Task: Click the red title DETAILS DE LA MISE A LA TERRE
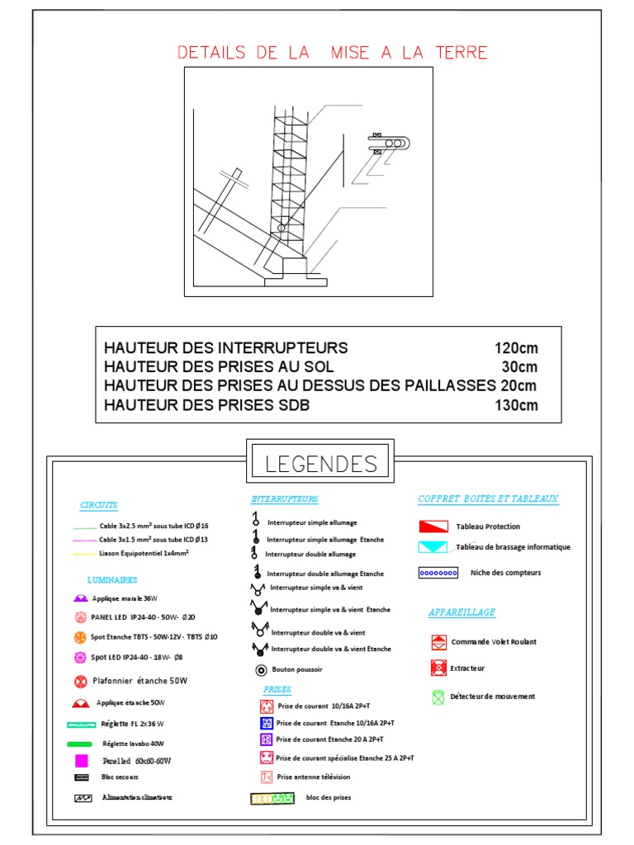(x=333, y=53)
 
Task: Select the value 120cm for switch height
(x=516, y=347)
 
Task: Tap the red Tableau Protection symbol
(x=433, y=526)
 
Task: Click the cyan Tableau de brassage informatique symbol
(x=433, y=547)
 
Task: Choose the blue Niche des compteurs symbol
(x=438, y=573)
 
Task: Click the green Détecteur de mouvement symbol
(x=438, y=696)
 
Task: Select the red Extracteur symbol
(x=438, y=668)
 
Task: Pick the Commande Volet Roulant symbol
(x=438, y=642)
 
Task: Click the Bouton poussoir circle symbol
(x=260, y=669)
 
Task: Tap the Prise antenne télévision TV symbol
(x=266, y=777)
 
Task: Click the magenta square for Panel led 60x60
(x=81, y=761)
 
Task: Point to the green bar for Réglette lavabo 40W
(x=79, y=744)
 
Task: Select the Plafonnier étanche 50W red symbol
(x=80, y=682)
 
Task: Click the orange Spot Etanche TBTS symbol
(x=80, y=637)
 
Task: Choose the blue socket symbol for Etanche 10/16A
(x=266, y=723)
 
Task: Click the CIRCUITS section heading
(x=99, y=505)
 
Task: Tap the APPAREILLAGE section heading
(x=461, y=612)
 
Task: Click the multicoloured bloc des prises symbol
(x=272, y=799)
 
